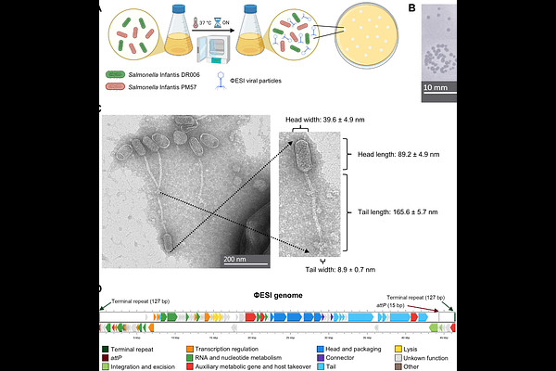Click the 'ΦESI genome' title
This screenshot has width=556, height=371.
point(281,295)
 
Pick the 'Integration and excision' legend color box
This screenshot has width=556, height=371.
point(106,366)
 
